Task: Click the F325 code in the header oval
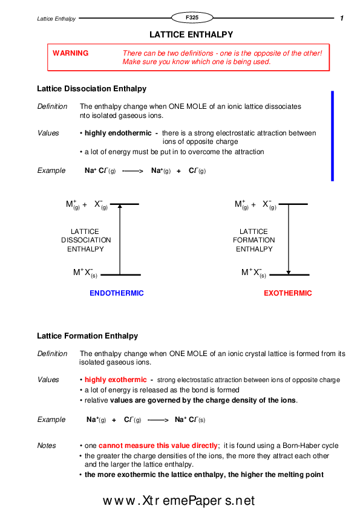coord(192,18)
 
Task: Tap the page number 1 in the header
coord(342,19)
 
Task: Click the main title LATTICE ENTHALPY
coord(191,35)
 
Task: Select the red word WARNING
coord(70,53)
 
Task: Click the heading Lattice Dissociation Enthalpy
coord(91,89)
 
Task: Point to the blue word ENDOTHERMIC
coord(117,293)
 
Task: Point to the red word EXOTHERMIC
coord(288,293)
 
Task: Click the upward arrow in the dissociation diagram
coord(120,239)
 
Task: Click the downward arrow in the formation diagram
coord(289,239)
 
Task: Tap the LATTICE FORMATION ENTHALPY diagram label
coord(254,240)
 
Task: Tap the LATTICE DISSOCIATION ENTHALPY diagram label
coord(85,240)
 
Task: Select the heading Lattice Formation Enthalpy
coord(87,336)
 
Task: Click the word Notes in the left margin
coord(47,446)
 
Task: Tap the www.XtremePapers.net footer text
coord(179,501)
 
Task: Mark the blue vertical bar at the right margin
coord(332,136)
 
